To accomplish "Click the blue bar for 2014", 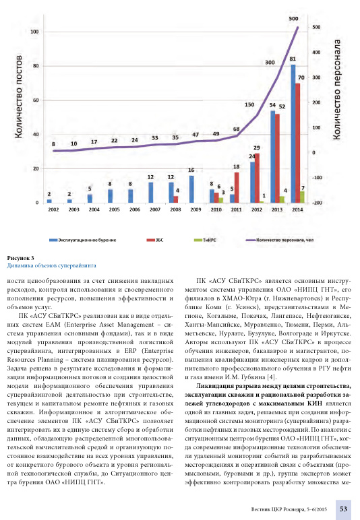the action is (x=293, y=133).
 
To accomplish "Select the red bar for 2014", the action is (x=297, y=143).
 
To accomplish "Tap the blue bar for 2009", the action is (x=191, y=189).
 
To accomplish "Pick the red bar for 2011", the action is (x=237, y=187).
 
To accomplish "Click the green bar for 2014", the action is (x=302, y=197).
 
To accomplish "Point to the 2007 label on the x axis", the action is (x=155, y=209).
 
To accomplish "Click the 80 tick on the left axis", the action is (x=36, y=65).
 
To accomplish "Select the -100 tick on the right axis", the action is (x=317, y=178).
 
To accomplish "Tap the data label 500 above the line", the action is (x=293, y=19).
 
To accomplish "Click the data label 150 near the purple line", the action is (x=249, y=104).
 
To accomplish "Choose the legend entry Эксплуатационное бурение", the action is (x=83, y=240).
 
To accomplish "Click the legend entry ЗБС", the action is (x=155, y=240).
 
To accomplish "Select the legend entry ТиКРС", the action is (x=205, y=240).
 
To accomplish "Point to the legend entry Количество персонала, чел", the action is (x=279, y=240).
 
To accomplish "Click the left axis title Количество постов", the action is (x=19, y=96).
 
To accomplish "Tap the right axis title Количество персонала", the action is (x=336, y=90).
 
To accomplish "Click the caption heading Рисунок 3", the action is (x=21, y=258).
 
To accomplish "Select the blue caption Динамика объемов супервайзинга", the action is (x=51, y=265).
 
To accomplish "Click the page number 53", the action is (x=343, y=509).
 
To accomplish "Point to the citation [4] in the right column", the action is (x=272, y=377).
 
